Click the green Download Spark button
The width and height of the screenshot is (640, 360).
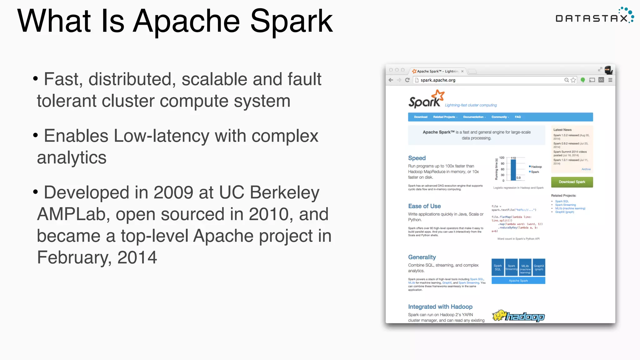[x=572, y=182]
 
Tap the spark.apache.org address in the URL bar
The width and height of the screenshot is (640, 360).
[x=438, y=80]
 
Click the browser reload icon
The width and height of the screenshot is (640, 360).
[x=407, y=80]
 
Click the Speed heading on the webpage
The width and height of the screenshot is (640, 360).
[x=417, y=158]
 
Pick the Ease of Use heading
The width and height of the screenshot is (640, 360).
[x=424, y=206]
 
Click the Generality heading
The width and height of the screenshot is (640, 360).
[x=422, y=257]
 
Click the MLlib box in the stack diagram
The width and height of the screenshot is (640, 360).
[x=525, y=267]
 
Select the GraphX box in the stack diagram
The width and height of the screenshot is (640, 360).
[x=539, y=267]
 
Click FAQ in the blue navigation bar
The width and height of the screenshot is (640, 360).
[x=518, y=117]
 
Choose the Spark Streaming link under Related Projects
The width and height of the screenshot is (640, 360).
[x=565, y=205]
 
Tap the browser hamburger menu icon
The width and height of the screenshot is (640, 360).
[x=610, y=80]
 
